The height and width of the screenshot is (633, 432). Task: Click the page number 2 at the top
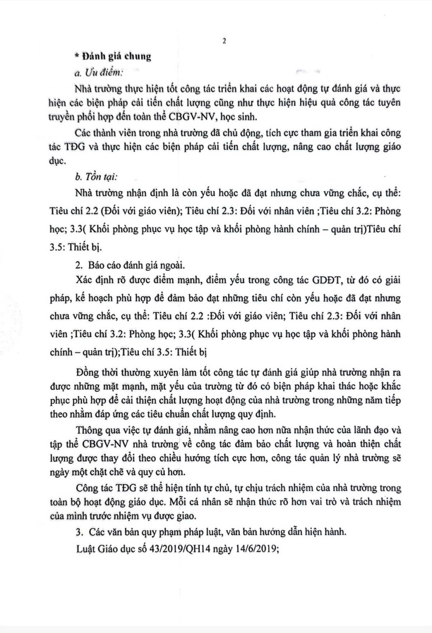[224, 41]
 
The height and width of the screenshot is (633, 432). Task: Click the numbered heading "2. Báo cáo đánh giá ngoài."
[131, 265]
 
